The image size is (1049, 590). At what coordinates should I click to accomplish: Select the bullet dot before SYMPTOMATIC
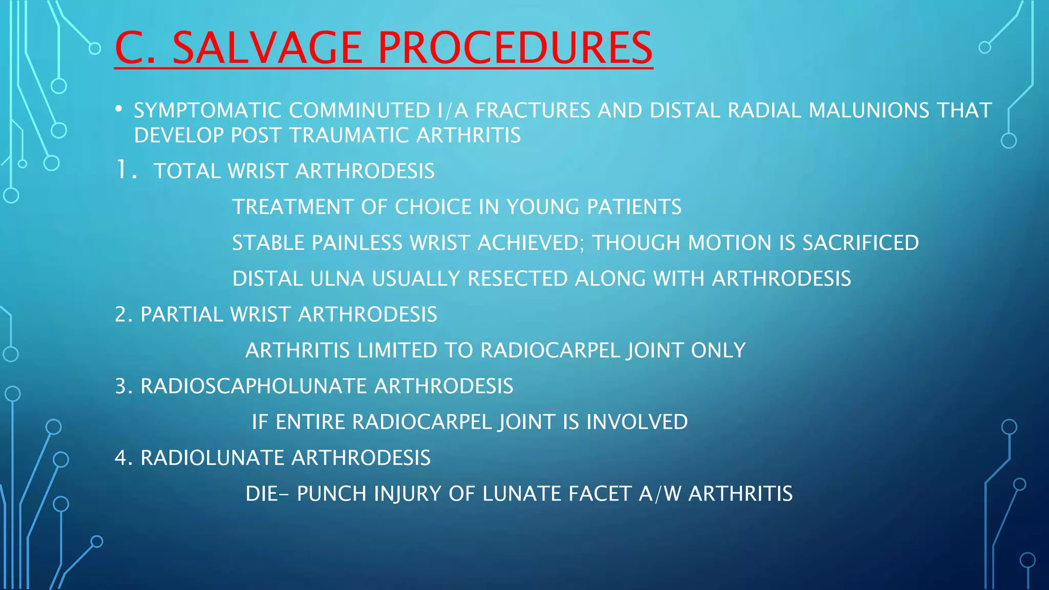click(x=119, y=109)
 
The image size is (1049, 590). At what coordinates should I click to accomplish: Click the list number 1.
click(x=123, y=170)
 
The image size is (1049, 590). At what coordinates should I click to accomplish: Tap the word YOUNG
click(x=542, y=207)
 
